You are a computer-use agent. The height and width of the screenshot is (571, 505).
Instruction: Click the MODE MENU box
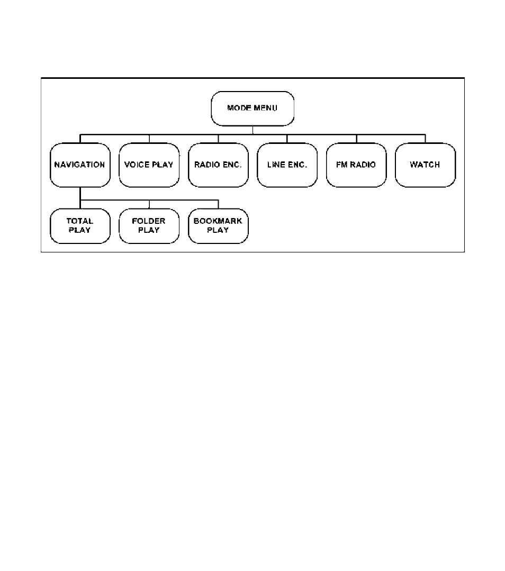point(252,108)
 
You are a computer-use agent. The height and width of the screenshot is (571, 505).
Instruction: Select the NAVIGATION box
point(80,165)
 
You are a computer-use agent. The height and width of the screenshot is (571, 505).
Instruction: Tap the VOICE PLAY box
point(149,165)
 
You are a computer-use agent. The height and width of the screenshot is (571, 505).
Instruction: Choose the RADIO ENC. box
point(218,165)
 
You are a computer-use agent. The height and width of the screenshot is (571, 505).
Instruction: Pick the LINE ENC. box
point(287,165)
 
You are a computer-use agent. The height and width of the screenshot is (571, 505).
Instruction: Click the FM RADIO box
point(356,165)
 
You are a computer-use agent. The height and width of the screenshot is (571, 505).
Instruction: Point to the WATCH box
point(425,165)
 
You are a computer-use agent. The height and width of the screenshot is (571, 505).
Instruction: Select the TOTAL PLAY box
point(80,226)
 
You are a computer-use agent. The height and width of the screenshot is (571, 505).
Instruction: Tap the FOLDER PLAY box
point(149,226)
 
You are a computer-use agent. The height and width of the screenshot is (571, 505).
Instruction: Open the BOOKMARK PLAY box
point(218,226)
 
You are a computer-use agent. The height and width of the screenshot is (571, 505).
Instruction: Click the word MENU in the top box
point(266,108)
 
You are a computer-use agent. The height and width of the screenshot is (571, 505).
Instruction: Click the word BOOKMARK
point(218,221)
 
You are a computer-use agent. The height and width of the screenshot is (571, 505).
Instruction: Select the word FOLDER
point(149,221)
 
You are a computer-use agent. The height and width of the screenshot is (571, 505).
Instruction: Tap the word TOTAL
point(80,221)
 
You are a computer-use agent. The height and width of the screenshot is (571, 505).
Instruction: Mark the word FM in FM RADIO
point(342,165)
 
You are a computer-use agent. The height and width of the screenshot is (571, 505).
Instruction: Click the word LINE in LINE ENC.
point(275,165)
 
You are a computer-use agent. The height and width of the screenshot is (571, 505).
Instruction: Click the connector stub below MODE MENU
point(253,130)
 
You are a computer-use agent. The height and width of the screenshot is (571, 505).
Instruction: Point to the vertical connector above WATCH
point(425,139)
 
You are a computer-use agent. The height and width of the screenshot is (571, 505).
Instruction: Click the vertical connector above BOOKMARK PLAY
point(218,204)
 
